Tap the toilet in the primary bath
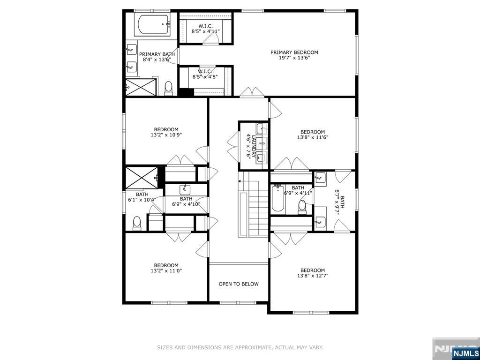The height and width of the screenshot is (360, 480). (x=168, y=88)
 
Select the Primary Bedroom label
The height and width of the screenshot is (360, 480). (x=294, y=52)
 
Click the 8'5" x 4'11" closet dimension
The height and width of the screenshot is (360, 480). (x=206, y=31)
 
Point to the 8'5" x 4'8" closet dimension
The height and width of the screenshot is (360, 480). (x=205, y=76)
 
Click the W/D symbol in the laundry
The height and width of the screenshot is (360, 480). (x=262, y=143)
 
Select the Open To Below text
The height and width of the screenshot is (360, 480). (x=239, y=284)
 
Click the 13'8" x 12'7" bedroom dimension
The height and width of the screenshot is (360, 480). (x=313, y=276)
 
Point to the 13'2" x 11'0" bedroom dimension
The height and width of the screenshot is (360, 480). (x=166, y=270)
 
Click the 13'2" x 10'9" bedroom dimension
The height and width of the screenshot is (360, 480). (x=166, y=135)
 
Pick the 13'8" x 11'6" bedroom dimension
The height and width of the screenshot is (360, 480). (x=313, y=137)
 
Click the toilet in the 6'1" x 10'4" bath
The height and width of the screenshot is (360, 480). (x=137, y=224)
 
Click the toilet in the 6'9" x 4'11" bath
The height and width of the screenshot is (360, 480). (x=302, y=207)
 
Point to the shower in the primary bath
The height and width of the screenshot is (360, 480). (x=141, y=87)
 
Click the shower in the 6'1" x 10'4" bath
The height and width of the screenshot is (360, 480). (x=142, y=178)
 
